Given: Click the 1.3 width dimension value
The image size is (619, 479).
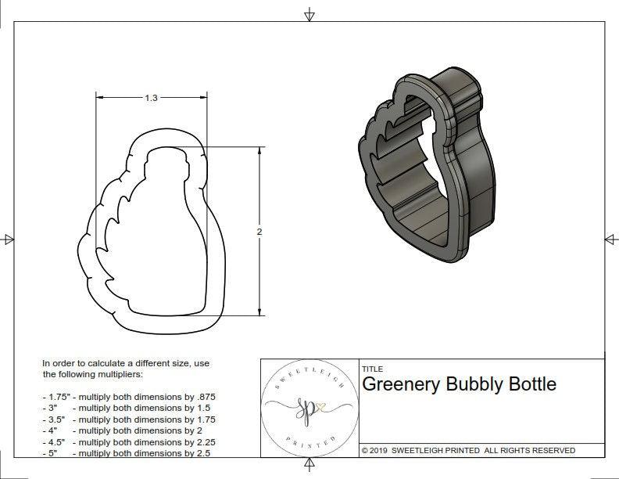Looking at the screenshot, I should coord(151,98).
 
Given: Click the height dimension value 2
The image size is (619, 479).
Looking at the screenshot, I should coord(259,232).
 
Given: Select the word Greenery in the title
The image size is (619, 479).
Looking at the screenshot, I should coord(400,384).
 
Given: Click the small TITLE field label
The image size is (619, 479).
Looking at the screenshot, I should coord(372,369).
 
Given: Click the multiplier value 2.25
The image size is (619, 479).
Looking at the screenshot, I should coord(201,441).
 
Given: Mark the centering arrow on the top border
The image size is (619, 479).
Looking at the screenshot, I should coord(309,14).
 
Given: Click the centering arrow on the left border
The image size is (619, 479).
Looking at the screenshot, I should coord(8,239).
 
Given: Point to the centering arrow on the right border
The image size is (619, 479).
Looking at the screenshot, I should coord(610,239).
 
